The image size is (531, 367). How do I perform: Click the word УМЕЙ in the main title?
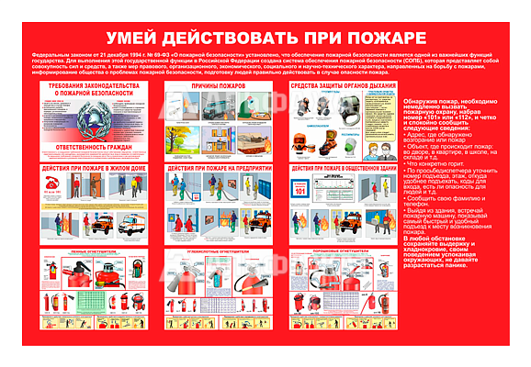click(x=135, y=38)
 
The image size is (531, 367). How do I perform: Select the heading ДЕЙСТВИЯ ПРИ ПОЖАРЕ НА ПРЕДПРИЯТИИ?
click(x=217, y=170)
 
